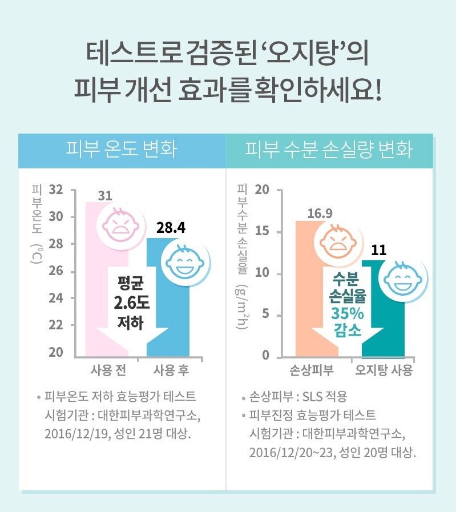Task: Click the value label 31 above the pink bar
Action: pyautogui.click(x=104, y=196)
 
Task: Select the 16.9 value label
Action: pyautogui.click(x=320, y=215)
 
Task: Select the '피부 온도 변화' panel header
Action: pyautogui.click(x=122, y=151)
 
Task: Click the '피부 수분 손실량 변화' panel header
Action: pyautogui.click(x=329, y=151)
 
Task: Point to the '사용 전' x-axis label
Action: pyautogui.click(x=108, y=370)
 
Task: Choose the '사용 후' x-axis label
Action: pyautogui.click(x=171, y=370)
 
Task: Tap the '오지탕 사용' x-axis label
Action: pyautogui.click(x=384, y=370)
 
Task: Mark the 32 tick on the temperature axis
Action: pyautogui.click(x=55, y=190)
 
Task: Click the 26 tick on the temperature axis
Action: pyautogui.click(x=55, y=271)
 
